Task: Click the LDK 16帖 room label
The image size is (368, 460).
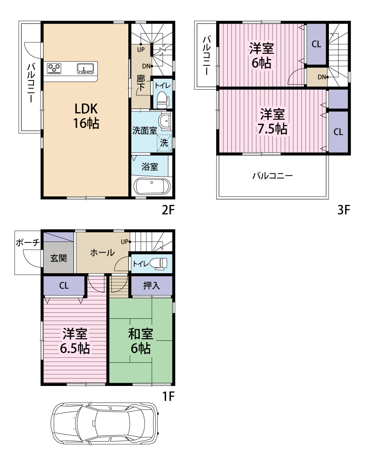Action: (x=86, y=116)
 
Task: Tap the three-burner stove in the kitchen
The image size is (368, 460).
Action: (x=54, y=69)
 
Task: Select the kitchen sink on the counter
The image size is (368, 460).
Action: (x=85, y=69)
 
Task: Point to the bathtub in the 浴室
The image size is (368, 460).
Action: (x=152, y=186)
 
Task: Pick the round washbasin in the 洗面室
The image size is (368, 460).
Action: (x=165, y=120)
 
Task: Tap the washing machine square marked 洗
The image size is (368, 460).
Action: (x=164, y=143)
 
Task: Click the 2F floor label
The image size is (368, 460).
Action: (x=168, y=210)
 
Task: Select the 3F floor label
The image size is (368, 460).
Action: (x=344, y=210)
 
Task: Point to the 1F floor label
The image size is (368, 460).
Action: (x=168, y=397)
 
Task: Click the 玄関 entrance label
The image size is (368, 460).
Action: (x=58, y=258)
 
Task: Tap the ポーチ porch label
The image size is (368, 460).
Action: (x=28, y=243)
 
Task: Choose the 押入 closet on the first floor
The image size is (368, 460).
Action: (x=151, y=286)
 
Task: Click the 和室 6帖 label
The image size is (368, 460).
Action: (x=141, y=341)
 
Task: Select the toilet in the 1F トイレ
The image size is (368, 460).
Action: (x=158, y=264)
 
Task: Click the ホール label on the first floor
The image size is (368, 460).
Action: (x=102, y=253)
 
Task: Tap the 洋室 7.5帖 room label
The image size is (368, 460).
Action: (x=272, y=121)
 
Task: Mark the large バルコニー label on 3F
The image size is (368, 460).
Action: (x=272, y=176)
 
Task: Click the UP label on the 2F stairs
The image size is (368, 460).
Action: (x=141, y=50)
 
